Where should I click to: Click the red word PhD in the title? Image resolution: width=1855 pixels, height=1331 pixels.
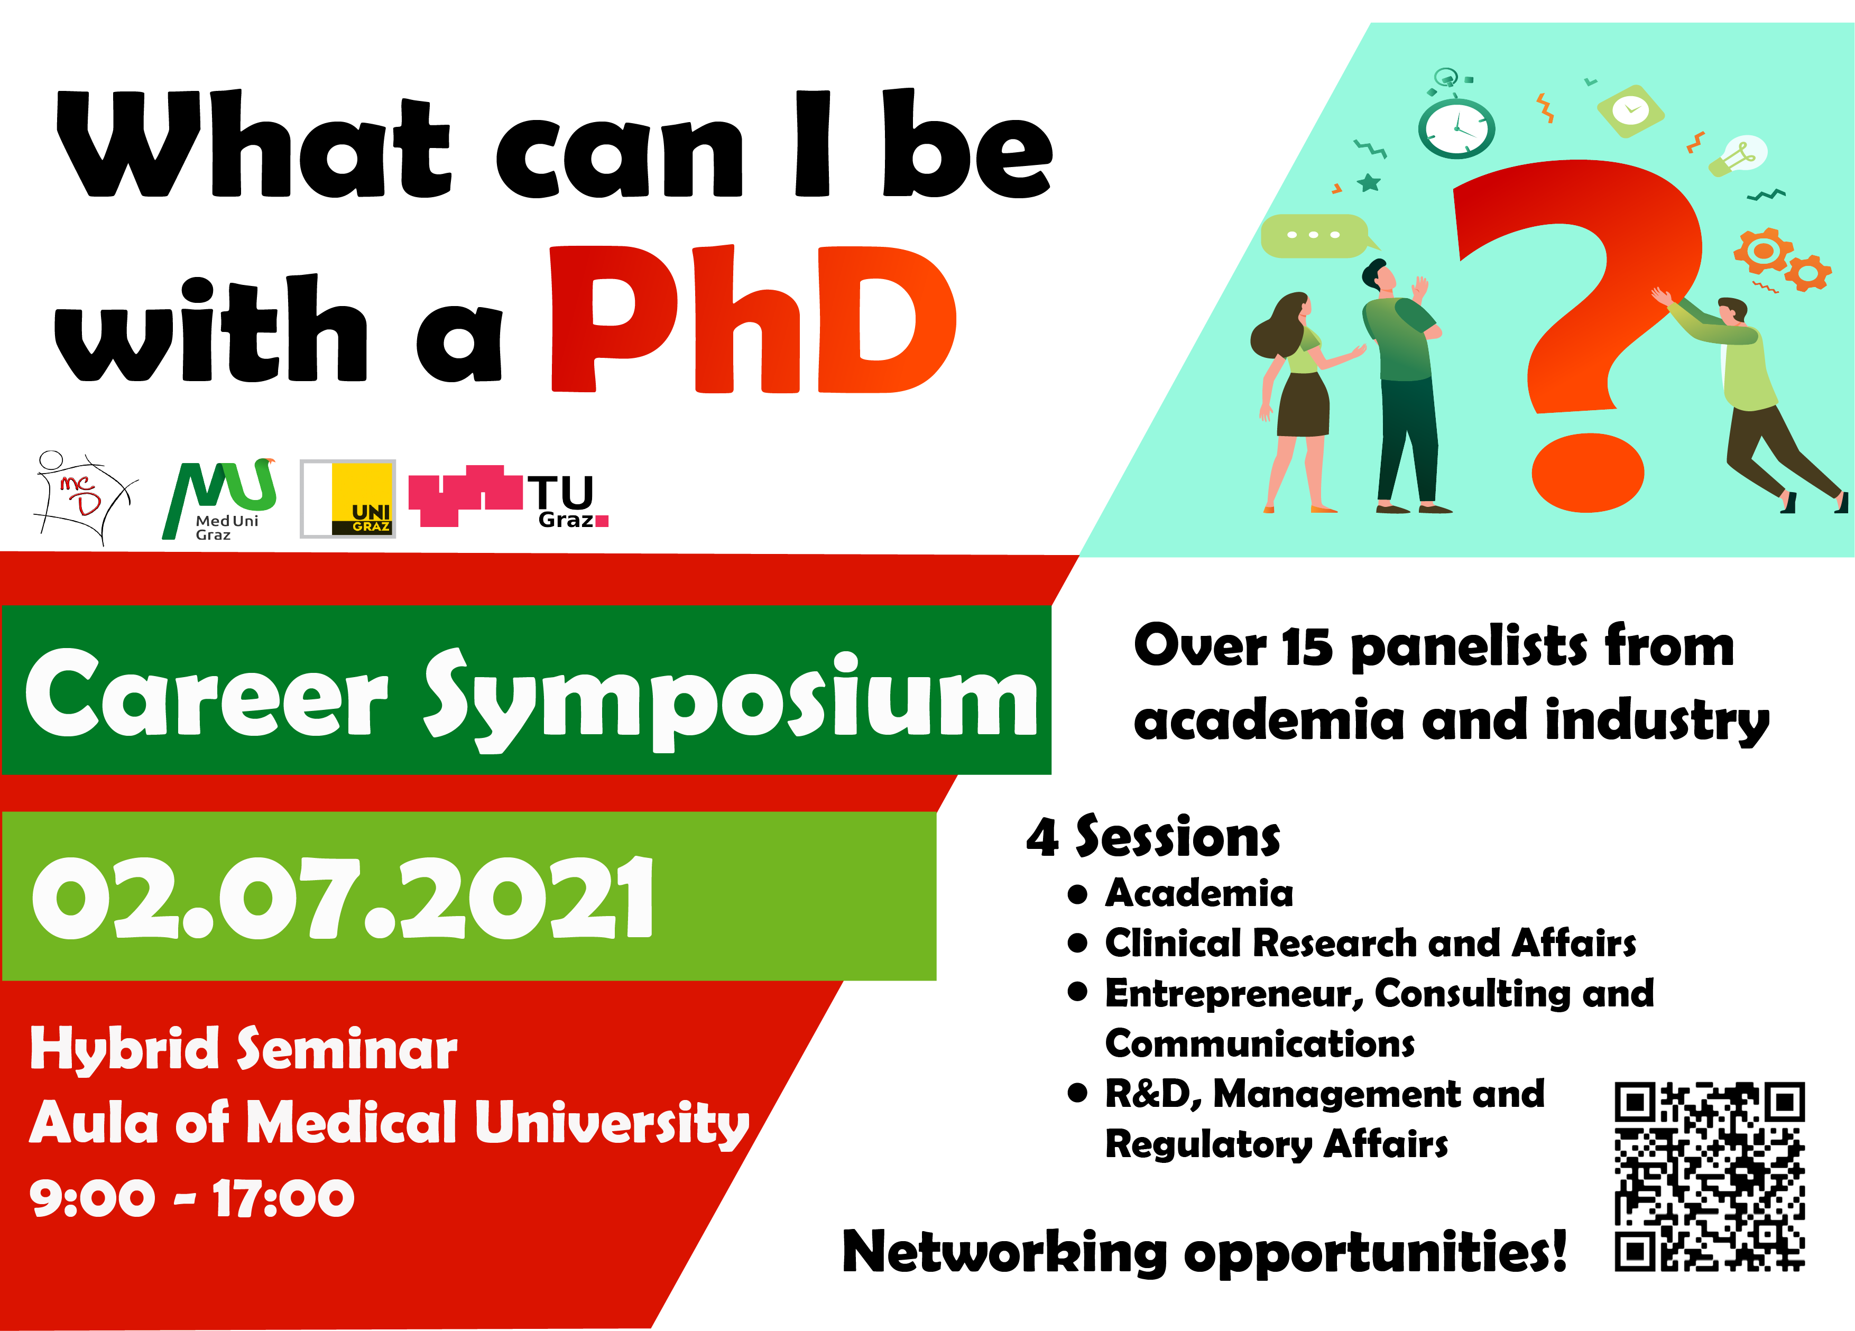[x=752, y=319]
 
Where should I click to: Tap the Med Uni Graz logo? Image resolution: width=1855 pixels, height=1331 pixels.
[x=219, y=499]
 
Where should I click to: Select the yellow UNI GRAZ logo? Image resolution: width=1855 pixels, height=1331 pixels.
[x=348, y=498]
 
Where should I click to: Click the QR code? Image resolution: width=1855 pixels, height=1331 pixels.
[x=1710, y=1176]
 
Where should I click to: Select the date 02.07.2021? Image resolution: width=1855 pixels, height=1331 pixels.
[x=343, y=898]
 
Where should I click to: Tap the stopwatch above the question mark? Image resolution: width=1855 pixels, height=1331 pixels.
[x=1456, y=123]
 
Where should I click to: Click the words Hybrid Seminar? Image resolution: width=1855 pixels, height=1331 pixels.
[x=244, y=1050]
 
